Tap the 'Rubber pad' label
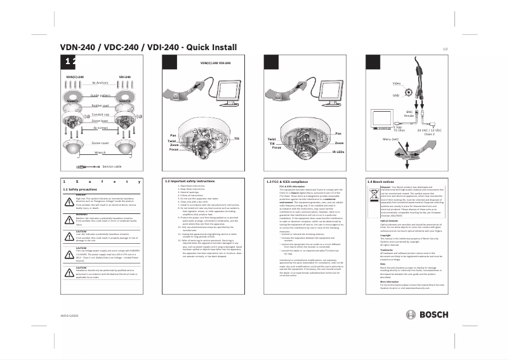point(100,105)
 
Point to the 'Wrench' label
point(100,153)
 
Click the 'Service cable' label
point(112,166)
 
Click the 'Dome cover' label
point(101,143)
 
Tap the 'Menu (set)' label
point(390,138)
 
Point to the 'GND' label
point(395,95)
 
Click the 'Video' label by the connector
point(397,84)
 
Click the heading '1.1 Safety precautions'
point(79,189)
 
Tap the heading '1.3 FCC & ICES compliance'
point(290,181)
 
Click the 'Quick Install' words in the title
point(209,47)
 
